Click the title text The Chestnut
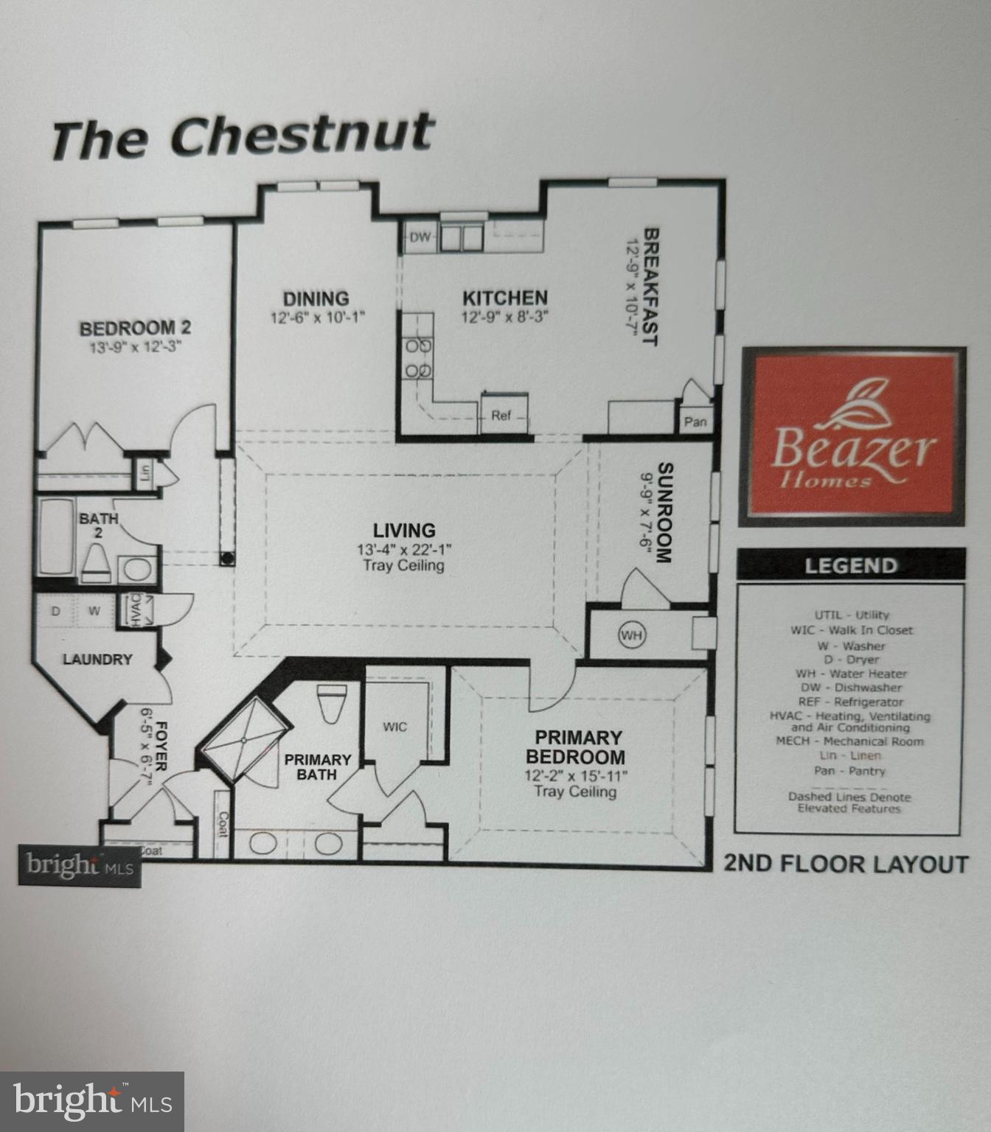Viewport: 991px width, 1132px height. (x=242, y=136)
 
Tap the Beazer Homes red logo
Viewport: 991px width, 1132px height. (x=853, y=436)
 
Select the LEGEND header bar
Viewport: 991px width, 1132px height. (x=851, y=566)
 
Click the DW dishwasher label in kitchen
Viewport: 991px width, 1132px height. (x=420, y=237)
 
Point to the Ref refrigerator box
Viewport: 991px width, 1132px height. (x=502, y=416)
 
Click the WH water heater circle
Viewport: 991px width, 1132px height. (x=631, y=635)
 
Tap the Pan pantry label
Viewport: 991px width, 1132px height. (x=695, y=422)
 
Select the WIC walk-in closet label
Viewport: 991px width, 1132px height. (x=395, y=727)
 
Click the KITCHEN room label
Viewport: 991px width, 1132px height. (x=505, y=298)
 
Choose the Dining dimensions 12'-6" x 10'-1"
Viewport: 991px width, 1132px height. (x=317, y=318)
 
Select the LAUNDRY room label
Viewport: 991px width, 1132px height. (x=97, y=660)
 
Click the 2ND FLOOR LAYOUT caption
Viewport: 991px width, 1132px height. (x=846, y=864)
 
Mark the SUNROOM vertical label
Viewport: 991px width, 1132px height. (x=664, y=513)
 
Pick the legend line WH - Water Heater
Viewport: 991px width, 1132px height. (x=851, y=674)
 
